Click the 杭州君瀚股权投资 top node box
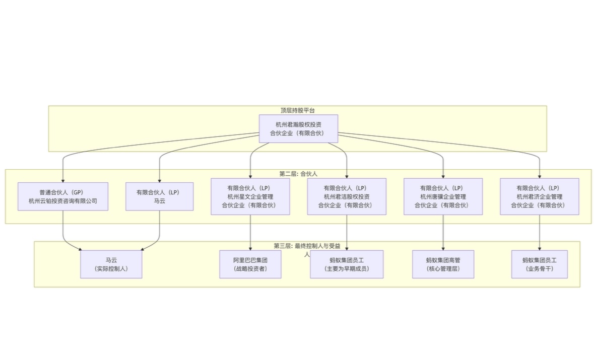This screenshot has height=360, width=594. tap(298, 128)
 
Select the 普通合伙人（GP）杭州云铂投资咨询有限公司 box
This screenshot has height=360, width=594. tap(63, 196)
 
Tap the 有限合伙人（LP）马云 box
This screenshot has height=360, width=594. tap(159, 196)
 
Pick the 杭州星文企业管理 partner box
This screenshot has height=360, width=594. tap(250, 196)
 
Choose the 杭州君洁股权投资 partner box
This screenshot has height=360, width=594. tap(347, 196)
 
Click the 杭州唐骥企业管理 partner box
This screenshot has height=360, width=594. tap(443, 196)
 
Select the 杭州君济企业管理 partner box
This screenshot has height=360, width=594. tap(540, 196)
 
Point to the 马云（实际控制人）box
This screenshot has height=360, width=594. tap(111, 264)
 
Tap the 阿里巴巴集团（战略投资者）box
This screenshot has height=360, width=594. tap(250, 264)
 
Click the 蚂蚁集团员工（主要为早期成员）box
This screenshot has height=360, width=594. tap(347, 264)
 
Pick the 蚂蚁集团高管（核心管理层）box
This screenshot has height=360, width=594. tap(443, 264)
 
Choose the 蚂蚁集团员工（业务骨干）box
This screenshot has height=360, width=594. tap(540, 264)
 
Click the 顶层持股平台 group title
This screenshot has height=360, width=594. tap(298, 110)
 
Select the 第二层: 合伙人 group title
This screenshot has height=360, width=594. tap(298, 174)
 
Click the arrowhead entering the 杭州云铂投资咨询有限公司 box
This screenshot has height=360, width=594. tap(63, 180)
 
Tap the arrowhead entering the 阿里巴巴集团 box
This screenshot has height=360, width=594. tap(250, 248)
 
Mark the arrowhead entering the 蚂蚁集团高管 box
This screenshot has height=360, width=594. tap(443, 248)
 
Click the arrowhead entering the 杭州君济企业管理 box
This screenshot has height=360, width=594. tap(540, 176)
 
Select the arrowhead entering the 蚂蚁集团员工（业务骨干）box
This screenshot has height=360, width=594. tap(540, 248)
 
